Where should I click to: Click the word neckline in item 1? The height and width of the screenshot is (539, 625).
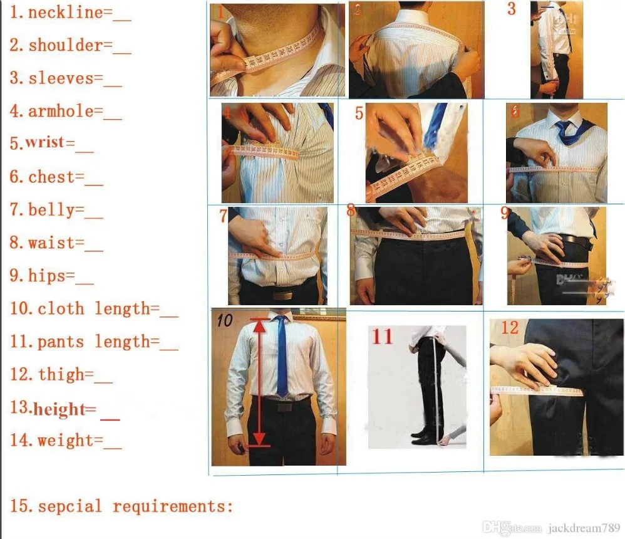tap(66, 12)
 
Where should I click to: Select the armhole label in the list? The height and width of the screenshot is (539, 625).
tap(61, 111)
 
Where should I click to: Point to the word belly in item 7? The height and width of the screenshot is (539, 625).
tap(51, 210)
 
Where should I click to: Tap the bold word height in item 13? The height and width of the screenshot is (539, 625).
tap(59, 409)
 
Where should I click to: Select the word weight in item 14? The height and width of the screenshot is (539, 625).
tap(65, 441)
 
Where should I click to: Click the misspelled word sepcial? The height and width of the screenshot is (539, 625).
tap(70, 506)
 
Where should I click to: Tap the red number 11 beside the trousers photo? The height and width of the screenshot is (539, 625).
tap(382, 336)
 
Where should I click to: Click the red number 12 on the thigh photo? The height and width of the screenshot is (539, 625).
tap(510, 328)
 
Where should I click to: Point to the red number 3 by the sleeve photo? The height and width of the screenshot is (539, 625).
tap(512, 9)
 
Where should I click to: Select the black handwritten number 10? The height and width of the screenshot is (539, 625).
tap(224, 320)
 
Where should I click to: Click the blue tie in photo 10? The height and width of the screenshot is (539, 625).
tap(281, 355)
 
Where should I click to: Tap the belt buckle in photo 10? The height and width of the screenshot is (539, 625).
tap(285, 407)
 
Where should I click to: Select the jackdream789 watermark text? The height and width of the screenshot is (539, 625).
tap(584, 528)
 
